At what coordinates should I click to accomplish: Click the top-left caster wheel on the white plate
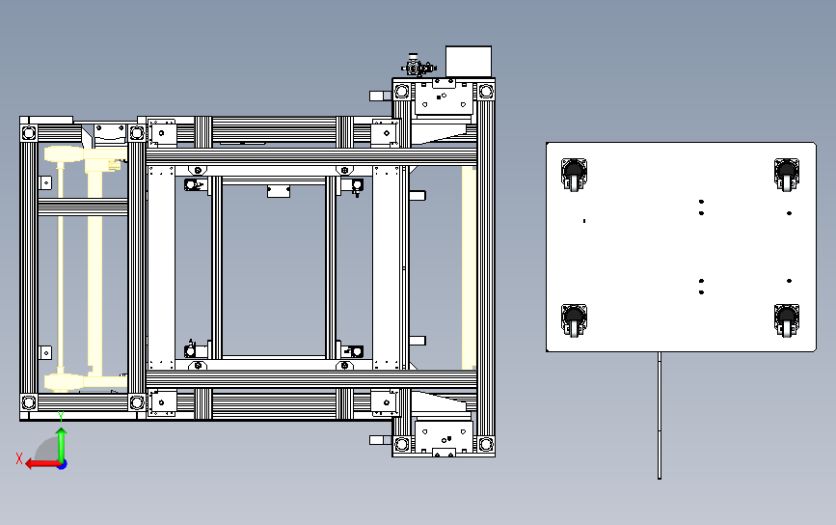[575, 175]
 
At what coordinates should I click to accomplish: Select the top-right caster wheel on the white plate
[788, 175]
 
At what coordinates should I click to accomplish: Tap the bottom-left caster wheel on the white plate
[575, 320]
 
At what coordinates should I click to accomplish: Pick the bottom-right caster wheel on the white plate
[788, 320]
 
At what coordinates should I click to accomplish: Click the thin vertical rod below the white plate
[660, 415]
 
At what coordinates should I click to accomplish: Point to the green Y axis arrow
[61, 440]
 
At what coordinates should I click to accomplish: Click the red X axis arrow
[39, 463]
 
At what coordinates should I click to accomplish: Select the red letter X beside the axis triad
[18, 459]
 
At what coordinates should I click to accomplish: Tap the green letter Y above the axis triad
[61, 415]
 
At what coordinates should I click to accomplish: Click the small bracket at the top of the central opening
[280, 191]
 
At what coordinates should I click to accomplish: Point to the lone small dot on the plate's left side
[584, 221]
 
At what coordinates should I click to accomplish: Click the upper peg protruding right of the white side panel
[417, 195]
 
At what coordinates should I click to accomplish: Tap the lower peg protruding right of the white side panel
[417, 340]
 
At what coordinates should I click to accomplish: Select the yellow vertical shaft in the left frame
[61, 270]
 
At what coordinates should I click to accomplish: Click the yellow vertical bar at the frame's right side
[469, 268]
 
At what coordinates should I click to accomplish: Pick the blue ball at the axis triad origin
[61, 464]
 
